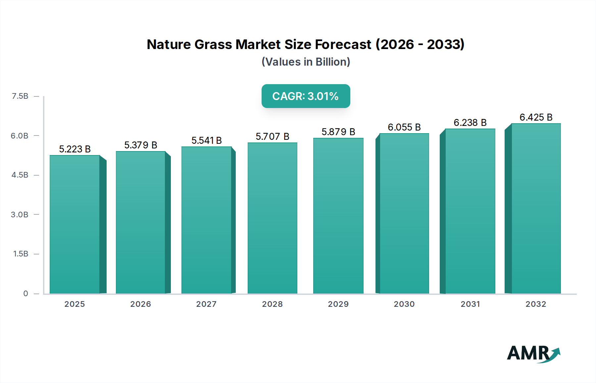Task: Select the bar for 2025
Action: click(x=75, y=224)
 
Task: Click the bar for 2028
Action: click(x=272, y=218)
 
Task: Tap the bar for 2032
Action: click(x=536, y=208)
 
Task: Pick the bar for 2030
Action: click(x=404, y=213)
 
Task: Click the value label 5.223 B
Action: click(x=75, y=149)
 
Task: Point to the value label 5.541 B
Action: click(x=207, y=140)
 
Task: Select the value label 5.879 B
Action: click(x=338, y=132)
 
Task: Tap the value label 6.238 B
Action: click(x=470, y=123)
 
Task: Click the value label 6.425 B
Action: click(x=536, y=117)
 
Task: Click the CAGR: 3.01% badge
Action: click(x=306, y=96)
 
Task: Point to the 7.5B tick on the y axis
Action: click(x=20, y=96)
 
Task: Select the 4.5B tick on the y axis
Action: click(x=20, y=175)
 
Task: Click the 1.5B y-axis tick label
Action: click(x=21, y=254)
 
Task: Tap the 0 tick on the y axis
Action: click(x=25, y=293)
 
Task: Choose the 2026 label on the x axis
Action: click(x=140, y=304)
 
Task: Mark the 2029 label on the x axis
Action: click(x=338, y=304)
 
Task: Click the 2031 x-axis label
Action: click(x=470, y=304)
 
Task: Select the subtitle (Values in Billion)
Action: click(x=306, y=62)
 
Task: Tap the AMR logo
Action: click(x=533, y=354)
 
